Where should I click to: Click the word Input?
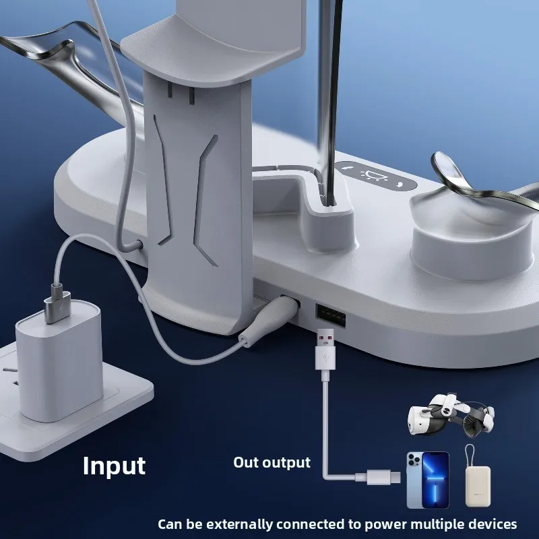[x=114, y=466]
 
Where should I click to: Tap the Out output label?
[x=272, y=462]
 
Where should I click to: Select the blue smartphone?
[x=428, y=480]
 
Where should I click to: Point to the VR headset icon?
[x=451, y=414]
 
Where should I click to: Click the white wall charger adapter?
[x=59, y=361]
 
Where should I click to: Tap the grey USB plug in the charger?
[x=57, y=304]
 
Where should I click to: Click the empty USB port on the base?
[x=331, y=313]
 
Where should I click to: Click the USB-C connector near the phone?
[x=383, y=476]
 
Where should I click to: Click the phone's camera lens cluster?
[x=414, y=461]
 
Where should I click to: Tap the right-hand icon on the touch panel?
[x=400, y=184]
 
